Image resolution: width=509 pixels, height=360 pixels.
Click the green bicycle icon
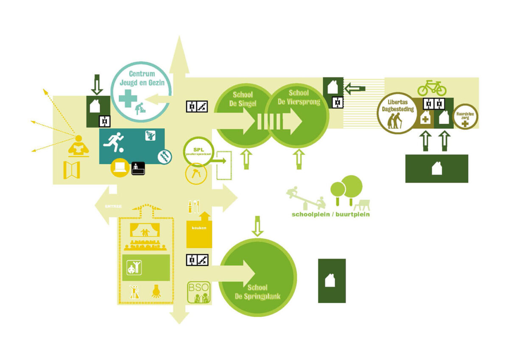(432, 88)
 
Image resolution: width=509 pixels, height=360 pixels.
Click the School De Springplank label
(257, 291)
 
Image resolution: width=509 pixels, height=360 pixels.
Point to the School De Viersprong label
(299, 97)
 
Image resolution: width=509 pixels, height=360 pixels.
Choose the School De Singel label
(244, 98)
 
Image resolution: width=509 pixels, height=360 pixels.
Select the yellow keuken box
(199, 232)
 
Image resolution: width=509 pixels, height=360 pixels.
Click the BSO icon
(199, 293)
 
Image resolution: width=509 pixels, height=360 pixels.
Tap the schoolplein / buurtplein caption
(330, 215)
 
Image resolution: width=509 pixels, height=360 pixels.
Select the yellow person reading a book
(78, 147)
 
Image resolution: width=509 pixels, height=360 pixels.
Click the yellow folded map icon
(72, 170)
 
